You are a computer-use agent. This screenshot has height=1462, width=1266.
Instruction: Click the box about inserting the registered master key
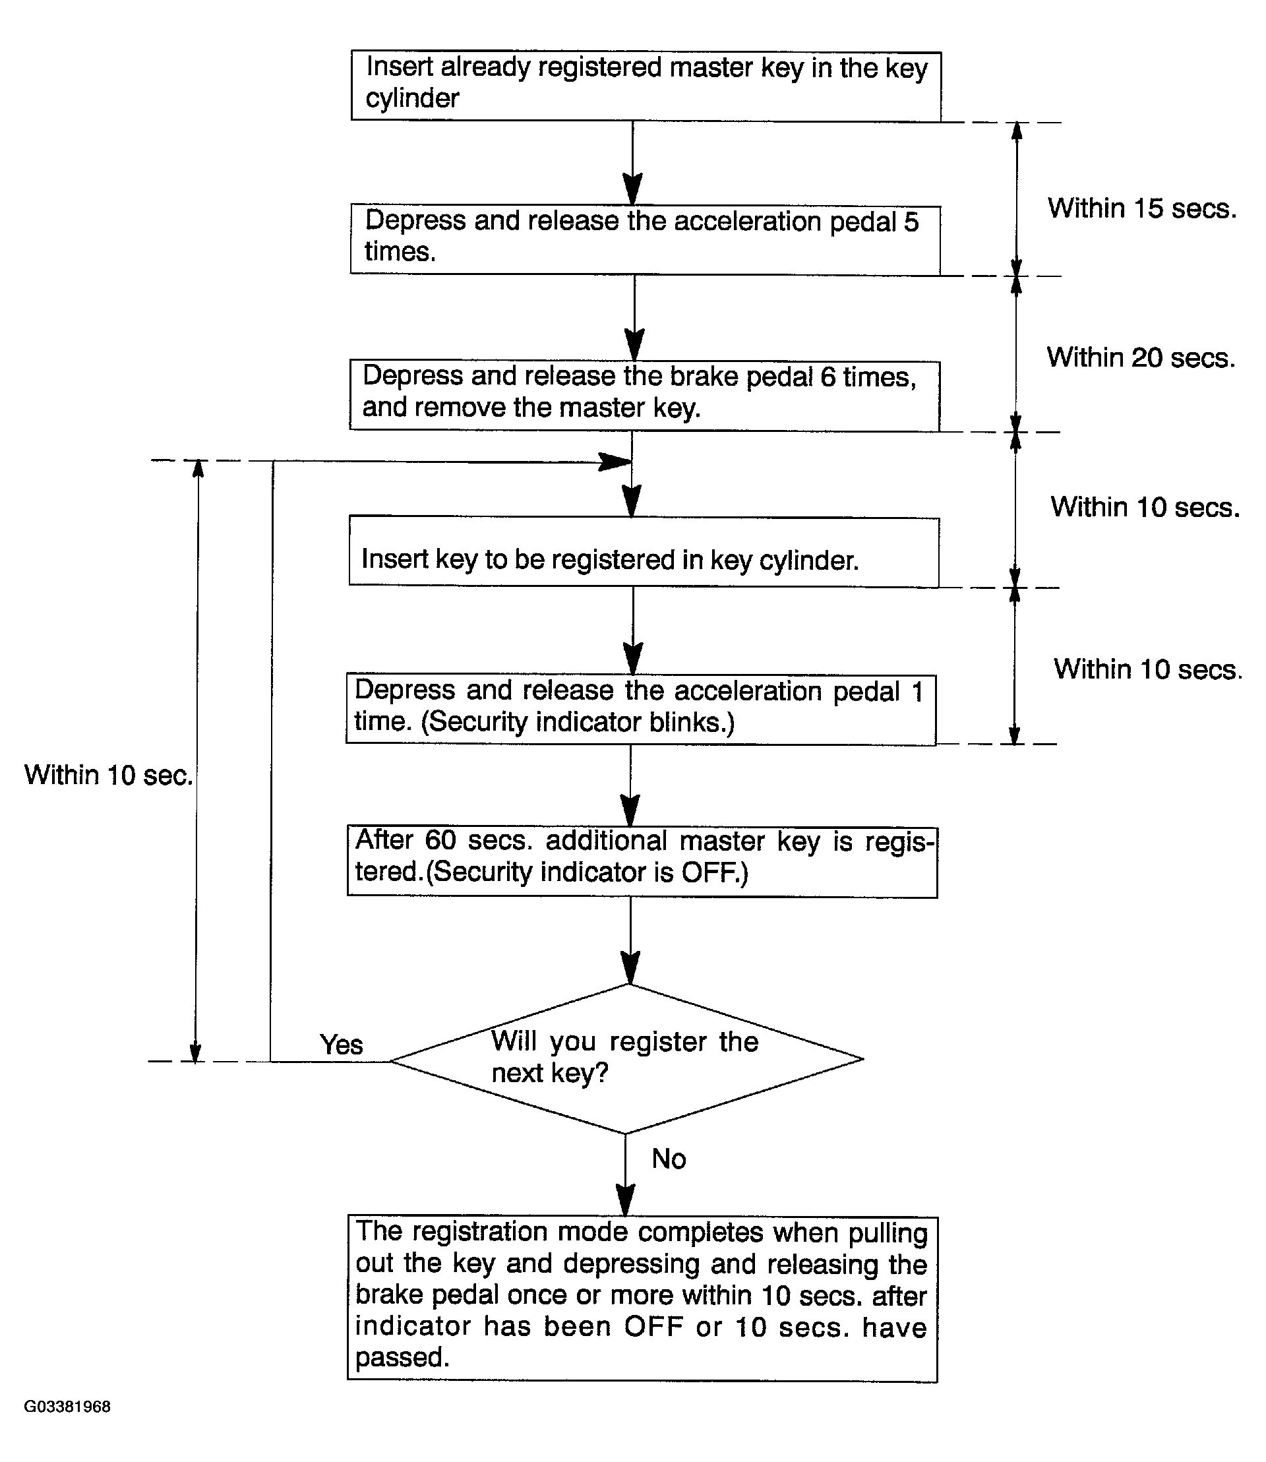[x=646, y=86]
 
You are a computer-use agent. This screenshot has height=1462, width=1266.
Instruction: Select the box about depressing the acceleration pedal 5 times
[x=645, y=239]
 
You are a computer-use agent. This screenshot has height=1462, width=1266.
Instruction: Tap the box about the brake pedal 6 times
[x=644, y=396]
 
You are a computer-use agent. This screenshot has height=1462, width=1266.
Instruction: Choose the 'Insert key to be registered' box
[x=644, y=551]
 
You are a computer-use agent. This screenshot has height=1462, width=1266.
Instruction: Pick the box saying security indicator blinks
[x=641, y=709]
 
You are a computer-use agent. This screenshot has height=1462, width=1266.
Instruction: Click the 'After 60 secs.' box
[x=642, y=862]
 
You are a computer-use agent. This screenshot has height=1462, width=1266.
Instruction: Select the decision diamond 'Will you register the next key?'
[x=626, y=1058]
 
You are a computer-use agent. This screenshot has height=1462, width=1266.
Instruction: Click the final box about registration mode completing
[x=642, y=1298]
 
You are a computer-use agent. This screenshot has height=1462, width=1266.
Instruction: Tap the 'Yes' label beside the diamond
[x=342, y=1045]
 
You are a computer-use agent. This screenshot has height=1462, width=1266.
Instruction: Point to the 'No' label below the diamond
[x=669, y=1159]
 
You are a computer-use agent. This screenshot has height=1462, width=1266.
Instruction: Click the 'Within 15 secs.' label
[x=1142, y=208]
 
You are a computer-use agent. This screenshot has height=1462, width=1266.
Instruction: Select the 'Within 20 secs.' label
[x=1141, y=357]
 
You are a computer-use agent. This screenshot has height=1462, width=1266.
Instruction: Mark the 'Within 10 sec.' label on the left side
[x=109, y=775]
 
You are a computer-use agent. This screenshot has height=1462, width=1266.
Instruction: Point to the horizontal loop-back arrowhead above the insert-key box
[x=615, y=462]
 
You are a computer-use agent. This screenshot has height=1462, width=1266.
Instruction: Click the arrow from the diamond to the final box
[x=625, y=1175]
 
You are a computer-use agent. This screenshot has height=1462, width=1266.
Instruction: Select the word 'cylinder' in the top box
[x=413, y=98]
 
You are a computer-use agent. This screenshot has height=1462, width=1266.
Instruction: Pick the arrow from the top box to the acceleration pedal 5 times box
[x=632, y=164]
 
